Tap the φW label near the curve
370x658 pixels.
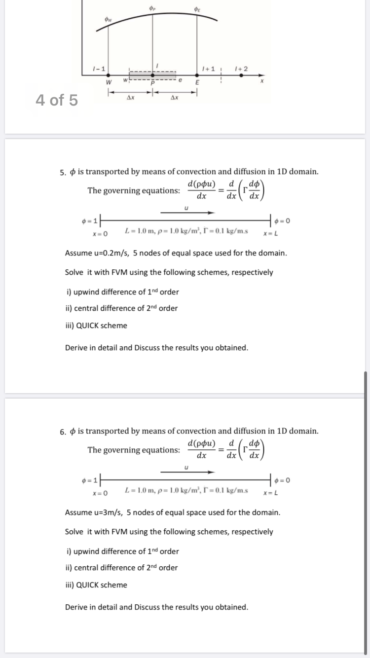click(x=108, y=19)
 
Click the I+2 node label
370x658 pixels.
click(x=242, y=68)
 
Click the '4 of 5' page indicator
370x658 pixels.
click(x=57, y=100)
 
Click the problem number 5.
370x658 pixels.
click(x=63, y=173)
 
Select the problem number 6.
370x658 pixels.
click(x=63, y=432)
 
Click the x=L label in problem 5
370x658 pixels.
click(x=271, y=233)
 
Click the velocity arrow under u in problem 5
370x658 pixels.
click(x=187, y=213)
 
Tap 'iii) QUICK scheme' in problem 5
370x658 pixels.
click(x=96, y=326)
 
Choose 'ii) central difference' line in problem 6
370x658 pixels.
click(x=121, y=568)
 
